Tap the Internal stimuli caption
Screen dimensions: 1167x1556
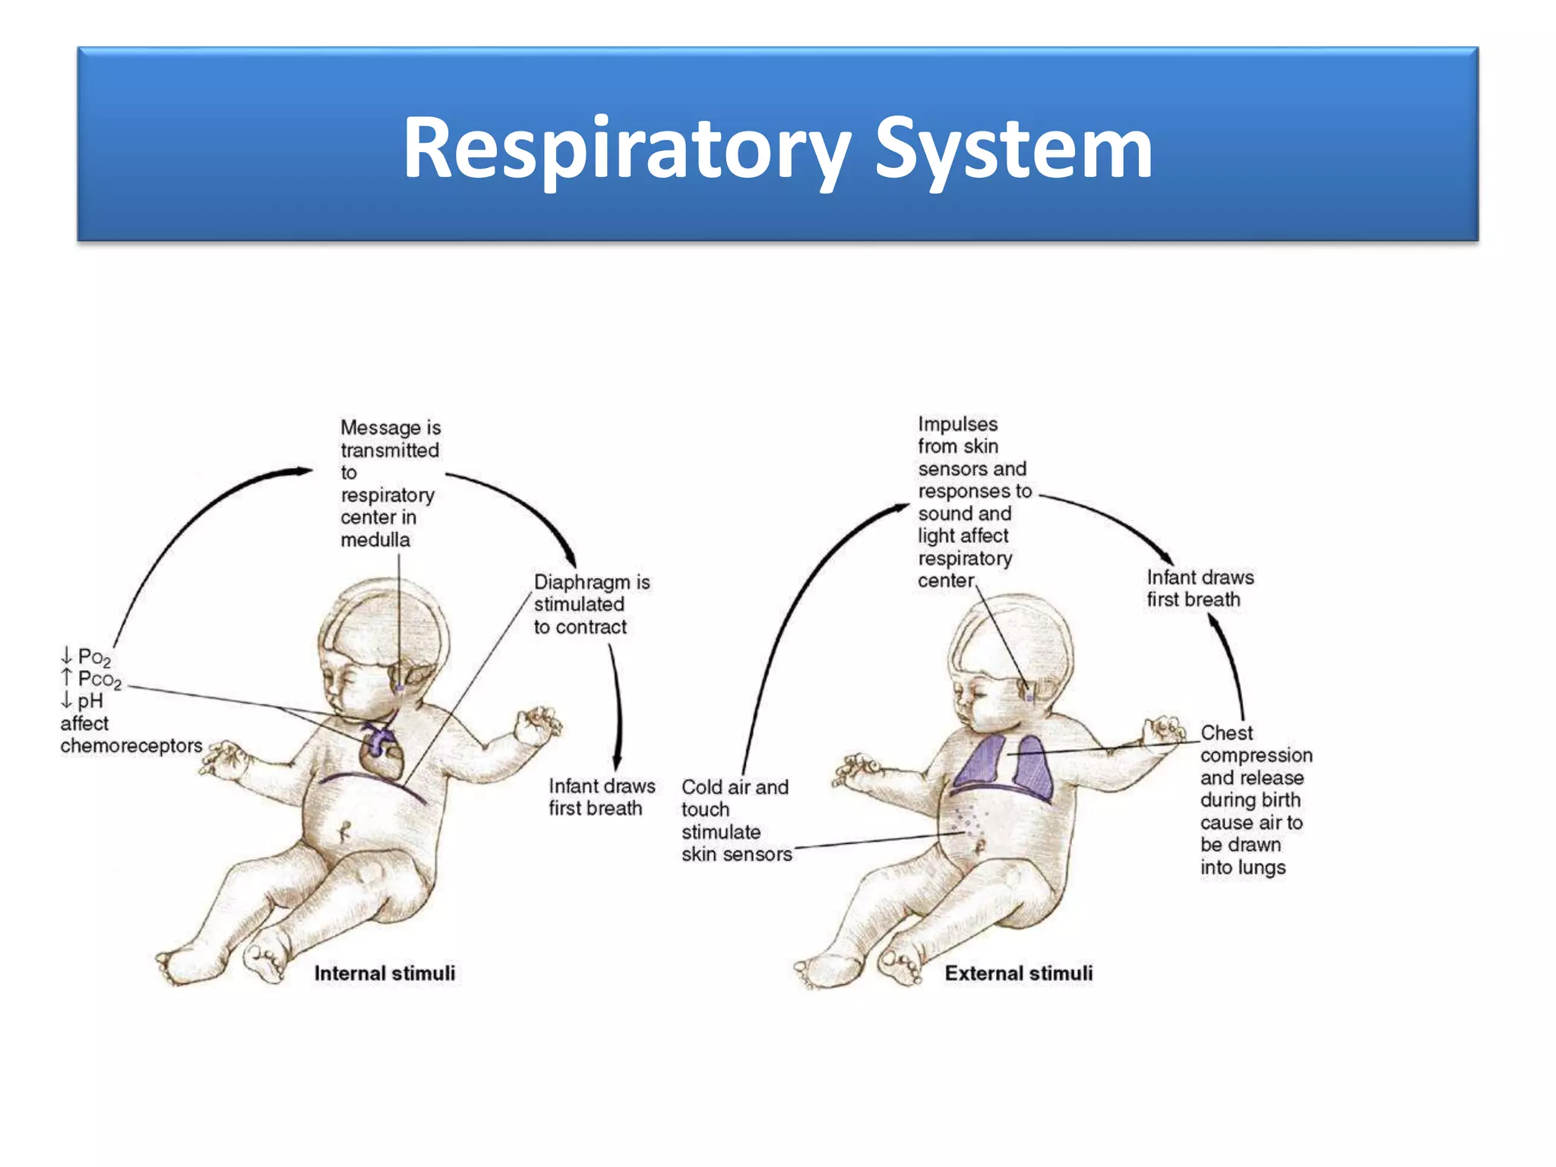384,973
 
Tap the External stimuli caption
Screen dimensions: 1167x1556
1018,973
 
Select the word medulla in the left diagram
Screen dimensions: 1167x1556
375,540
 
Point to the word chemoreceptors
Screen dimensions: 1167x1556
131,746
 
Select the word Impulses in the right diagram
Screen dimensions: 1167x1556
957,424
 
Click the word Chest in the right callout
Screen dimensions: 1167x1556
1226,733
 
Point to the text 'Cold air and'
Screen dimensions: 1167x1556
735,787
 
